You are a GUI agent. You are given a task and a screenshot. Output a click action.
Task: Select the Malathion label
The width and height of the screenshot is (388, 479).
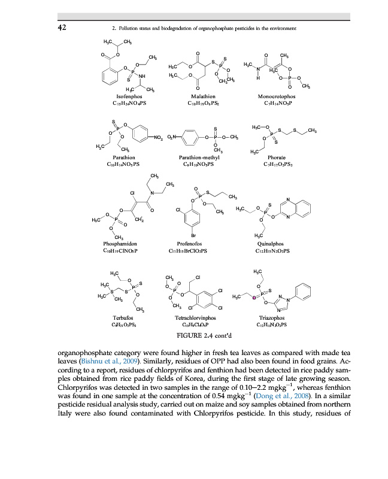[x=203, y=96]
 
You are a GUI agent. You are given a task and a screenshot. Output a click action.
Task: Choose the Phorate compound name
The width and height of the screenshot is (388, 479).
[x=278, y=157]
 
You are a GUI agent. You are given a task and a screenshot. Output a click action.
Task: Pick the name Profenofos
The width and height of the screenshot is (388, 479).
[x=193, y=244]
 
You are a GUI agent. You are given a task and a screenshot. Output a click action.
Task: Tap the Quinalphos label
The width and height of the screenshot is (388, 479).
[x=272, y=244]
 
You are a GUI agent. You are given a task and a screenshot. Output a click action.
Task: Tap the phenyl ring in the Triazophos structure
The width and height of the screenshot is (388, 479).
[x=304, y=294]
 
